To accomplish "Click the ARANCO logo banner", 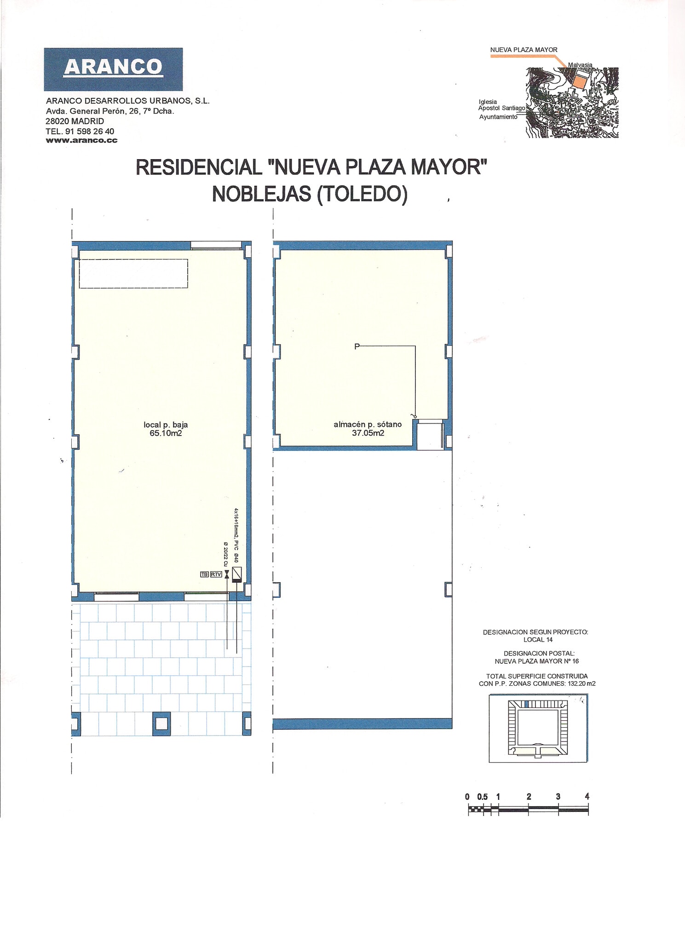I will [x=113, y=69].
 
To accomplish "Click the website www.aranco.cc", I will [x=81, y=141].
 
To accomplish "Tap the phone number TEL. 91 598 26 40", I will [x=80, y=131].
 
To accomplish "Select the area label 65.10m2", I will [x=166, y=433].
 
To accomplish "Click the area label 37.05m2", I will [x=368, y=433].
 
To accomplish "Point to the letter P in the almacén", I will [x=357, y=346].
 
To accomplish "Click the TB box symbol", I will [x=204, y=574].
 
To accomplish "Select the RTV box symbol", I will [x=216, y=574].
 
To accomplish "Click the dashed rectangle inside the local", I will [x=133, y=274].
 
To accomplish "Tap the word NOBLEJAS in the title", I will [x=261, y=194].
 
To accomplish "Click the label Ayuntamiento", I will [x=498, y=117].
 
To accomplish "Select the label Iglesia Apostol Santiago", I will [x=501, y=105].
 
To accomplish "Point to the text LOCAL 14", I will [x=538, y=640].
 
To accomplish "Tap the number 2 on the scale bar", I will [x=529, y=797].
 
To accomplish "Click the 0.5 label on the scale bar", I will [x=482, y=797].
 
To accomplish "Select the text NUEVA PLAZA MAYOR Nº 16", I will [x=536, y=661].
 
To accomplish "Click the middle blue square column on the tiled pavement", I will [x=161, y=724].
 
